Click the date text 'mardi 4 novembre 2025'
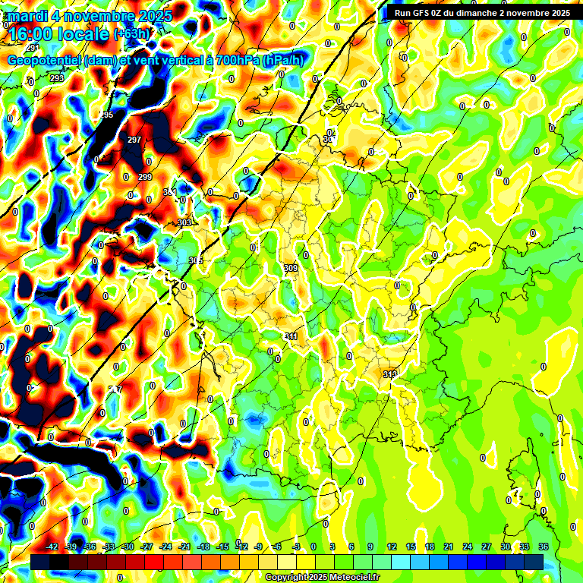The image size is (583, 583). coord(90,15)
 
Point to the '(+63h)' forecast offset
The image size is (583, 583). coord(131,34)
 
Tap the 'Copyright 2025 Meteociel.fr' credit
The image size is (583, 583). coord(323,577)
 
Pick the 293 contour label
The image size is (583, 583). coord(57,78)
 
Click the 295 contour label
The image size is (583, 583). coord(106,115)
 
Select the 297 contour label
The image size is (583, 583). coord(134,140)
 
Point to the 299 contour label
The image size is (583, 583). coord(145,177)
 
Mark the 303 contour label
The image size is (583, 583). coord(184,222)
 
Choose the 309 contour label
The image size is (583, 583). coord(291,268)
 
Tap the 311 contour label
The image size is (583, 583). coord(291,336)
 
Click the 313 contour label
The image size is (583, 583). coord(390,374)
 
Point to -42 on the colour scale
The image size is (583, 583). coord(52,547)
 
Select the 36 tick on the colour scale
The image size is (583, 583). coord(544,547)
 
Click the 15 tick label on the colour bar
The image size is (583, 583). coord(411,547)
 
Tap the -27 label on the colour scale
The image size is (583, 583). coord(147,547)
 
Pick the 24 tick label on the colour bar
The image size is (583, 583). coord(468,547)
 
